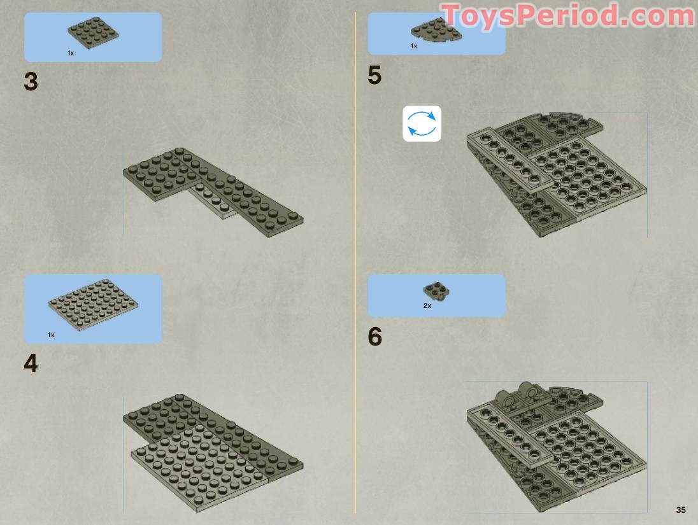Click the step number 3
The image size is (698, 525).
[x=31, y=82]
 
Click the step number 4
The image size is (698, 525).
[x=31, y=363]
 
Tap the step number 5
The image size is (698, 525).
[x=375, y=74]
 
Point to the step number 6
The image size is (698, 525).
[x=375, y=337]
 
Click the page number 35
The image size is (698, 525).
[x=681, y=510]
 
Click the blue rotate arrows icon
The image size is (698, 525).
[x=422, y=123]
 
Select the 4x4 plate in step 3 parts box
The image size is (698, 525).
[x=93, y=32]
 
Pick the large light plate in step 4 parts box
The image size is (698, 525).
[x=93, y=305]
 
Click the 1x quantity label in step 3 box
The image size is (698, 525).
[x=71, y=53]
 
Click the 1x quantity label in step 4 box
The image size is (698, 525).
[x=51, y=335]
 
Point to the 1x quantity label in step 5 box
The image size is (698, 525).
[x=414, y=46]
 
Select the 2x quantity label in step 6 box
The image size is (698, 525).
[x=427, y=306]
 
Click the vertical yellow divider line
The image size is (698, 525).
[x=355, y=262]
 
